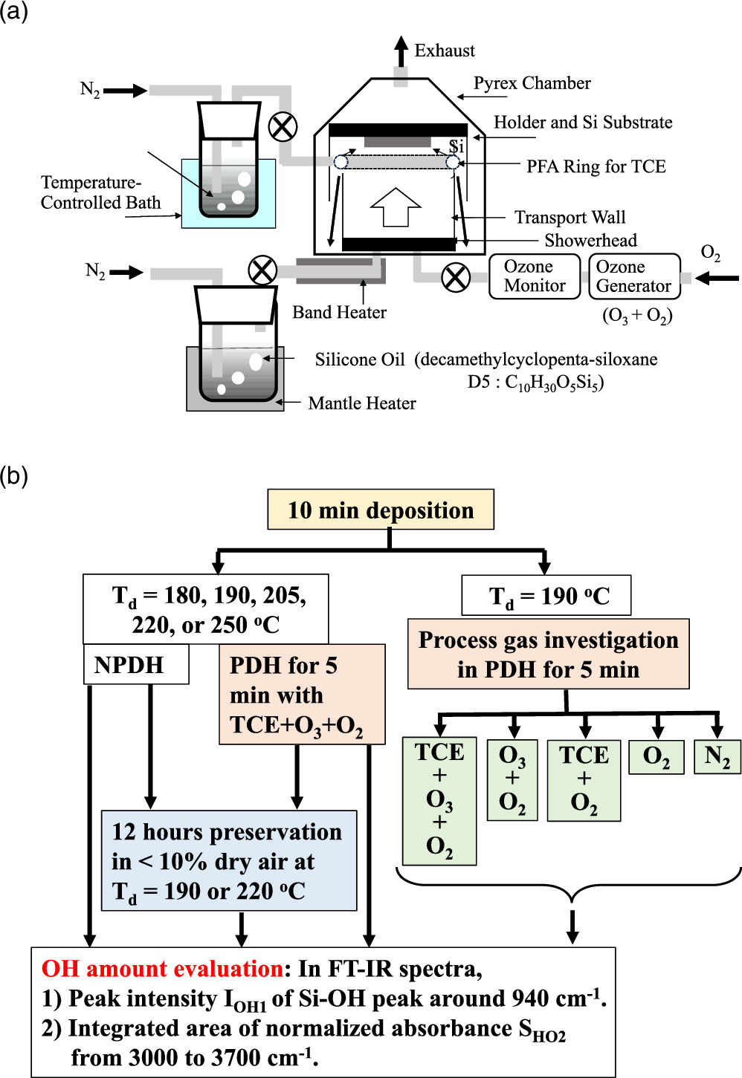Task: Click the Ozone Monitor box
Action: pyautogui.click(x=534, y=276)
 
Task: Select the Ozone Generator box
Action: pyautogui.click(x=633, y=276)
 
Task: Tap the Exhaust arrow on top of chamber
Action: pyautogui.click(x=401, y=51)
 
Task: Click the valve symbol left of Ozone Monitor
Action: pyautogui.click(x=456, y=278)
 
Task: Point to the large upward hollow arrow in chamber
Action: pyautogui.click(x=396, y=207)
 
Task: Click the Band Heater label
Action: pyautogui.click(x=339, y=312)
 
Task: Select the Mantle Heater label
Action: pyautogui.click(x=362, y=403)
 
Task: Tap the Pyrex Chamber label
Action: pyautogui.click(x=532, y=83)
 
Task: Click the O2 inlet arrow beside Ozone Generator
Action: pyautogui.click(x=717, y=279)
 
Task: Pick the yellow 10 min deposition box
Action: pyautogui.click(x=380, y=510)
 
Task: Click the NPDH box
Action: pyautogui.click(x=135, y=664)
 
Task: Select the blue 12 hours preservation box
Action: pyautogui.click(x=228, y=860)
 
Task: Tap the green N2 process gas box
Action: pyautogui.click(x=717, y=757)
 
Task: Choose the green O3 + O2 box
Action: pyautogui.click(x=512, y=779)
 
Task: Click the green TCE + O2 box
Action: pyautogui.click(x=584, y=779)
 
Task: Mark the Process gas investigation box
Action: pyautogui.click(x=548, y=655)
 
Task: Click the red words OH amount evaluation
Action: pyautogui.click(x=161, y=969)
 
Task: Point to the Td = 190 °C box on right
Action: pyautogui.click(x=546, y=596)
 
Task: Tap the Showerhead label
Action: pyautogui.click(x=590, y=241)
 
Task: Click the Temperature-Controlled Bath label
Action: pyautogui.click(x=100, y=192)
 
